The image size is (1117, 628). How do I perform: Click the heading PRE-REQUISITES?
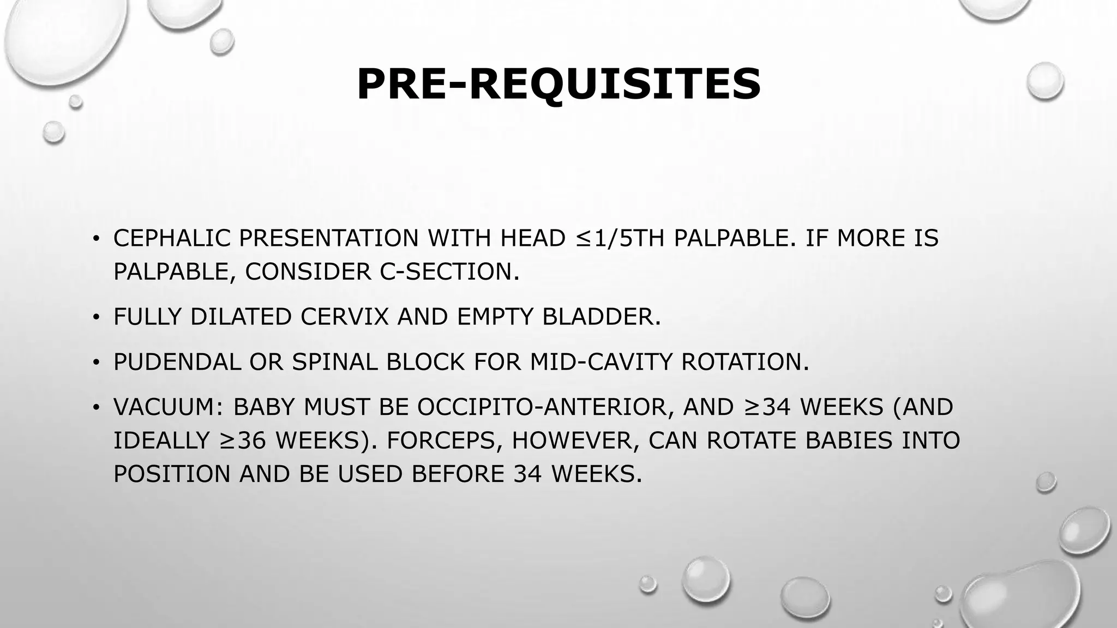(558, 84)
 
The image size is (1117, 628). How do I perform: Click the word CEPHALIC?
(172, 238)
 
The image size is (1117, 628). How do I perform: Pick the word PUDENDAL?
(177, 362)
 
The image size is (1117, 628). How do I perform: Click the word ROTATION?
(745, 362)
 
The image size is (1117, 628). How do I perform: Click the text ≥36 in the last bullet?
(243, 440)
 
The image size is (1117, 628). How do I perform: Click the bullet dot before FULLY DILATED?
(96, 317)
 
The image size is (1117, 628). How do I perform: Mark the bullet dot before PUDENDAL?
(96, 362)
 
